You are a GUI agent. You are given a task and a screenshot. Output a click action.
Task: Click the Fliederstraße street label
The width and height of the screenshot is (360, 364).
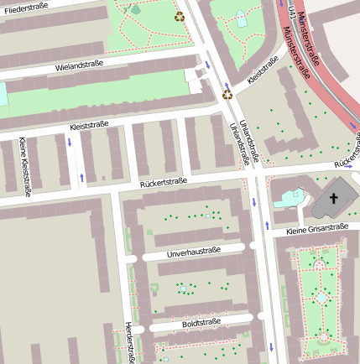pos(23,6)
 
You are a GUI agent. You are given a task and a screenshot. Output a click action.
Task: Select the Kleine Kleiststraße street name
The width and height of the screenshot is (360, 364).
pos(23,165)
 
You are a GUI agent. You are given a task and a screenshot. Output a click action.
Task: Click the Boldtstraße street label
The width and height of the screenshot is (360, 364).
pos(201,322)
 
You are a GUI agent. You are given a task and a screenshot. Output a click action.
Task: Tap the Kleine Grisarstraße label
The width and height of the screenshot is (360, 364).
pos(316,228)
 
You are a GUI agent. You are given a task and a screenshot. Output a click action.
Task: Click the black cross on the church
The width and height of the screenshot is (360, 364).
pos(333,199)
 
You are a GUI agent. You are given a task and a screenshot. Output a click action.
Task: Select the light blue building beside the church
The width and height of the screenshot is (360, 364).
pos(288,198)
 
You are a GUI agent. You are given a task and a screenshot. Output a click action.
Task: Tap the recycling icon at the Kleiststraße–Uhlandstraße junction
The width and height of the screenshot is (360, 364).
pos(227,94)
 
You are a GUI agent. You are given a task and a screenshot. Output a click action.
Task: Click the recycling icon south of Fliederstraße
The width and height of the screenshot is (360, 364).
pos(179,15)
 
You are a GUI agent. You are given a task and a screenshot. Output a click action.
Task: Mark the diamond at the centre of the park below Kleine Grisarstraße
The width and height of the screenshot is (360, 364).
pos(322,298)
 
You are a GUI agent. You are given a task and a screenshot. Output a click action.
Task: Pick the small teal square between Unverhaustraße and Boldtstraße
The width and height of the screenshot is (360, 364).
pos(182,289)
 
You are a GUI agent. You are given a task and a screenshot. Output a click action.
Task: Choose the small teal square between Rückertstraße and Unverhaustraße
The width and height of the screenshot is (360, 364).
pos(208,216)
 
